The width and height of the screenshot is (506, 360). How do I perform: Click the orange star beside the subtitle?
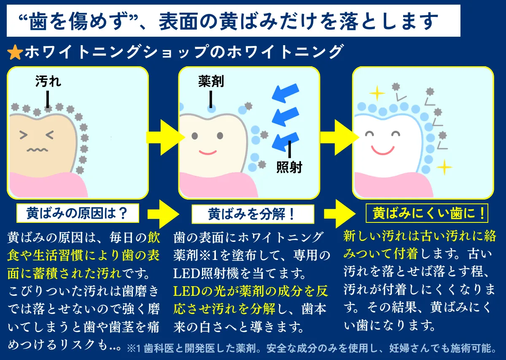[x=15, y=52]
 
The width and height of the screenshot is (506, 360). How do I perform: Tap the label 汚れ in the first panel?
[x=48, y=81]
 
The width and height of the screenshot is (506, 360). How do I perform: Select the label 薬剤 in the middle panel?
[x=211, y=81]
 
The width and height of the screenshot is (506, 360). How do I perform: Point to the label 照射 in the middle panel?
[x=289, y=167]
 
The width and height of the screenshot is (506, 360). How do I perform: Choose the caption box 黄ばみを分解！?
[x=253, y=214]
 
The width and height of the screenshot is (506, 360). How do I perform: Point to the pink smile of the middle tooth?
[x=207, y=151]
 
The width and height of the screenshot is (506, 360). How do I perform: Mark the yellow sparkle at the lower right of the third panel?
[x=444, y=168]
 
